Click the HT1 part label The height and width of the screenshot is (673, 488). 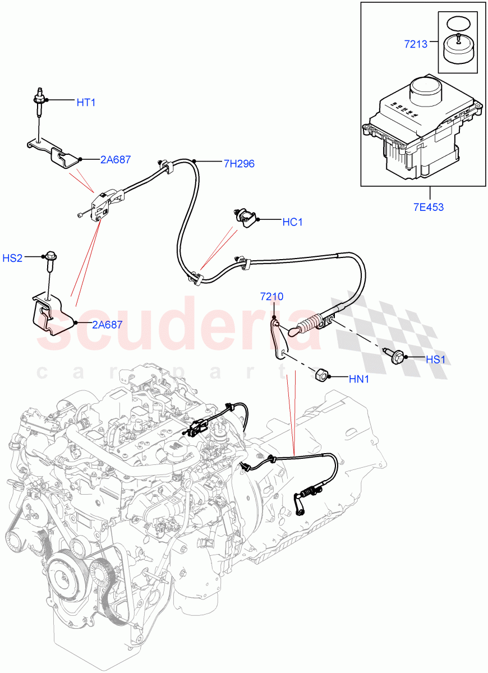(x=86, y=102)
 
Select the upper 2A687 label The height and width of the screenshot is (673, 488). (x=116, y=160)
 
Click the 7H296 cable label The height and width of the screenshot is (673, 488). (x=239, y=164)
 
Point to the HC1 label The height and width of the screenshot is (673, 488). (x=292, y=222)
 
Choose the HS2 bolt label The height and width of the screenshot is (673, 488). (x=28, y=258)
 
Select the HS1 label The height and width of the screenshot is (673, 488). (x=435, y=360)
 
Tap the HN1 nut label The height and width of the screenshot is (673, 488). (x=358, y=379)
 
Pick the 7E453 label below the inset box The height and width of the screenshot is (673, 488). (x=429, y=207)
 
